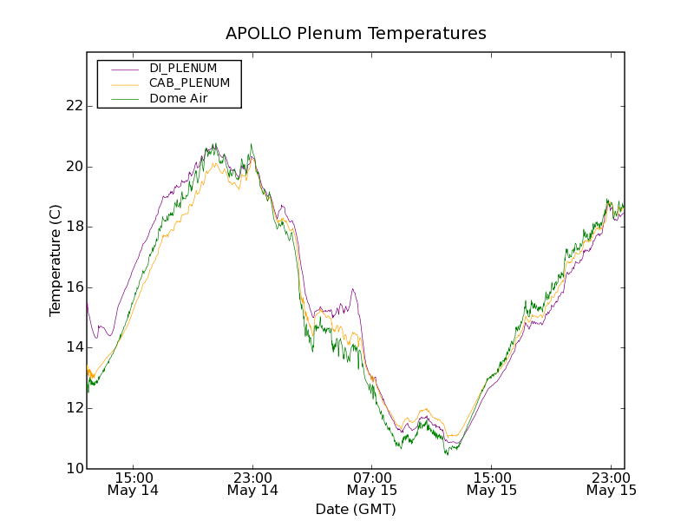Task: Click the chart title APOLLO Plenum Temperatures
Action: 356,34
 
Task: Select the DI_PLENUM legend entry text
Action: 183,68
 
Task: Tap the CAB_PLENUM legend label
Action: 189,83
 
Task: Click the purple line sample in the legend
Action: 124,68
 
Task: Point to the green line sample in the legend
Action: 124,99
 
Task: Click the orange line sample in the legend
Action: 124,83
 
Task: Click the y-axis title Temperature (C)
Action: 56,260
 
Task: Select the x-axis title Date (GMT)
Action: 356,509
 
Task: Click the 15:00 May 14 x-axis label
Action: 134,484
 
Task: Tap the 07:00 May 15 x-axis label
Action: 372,484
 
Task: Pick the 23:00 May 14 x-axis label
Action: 252,484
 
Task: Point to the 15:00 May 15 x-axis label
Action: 492,484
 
